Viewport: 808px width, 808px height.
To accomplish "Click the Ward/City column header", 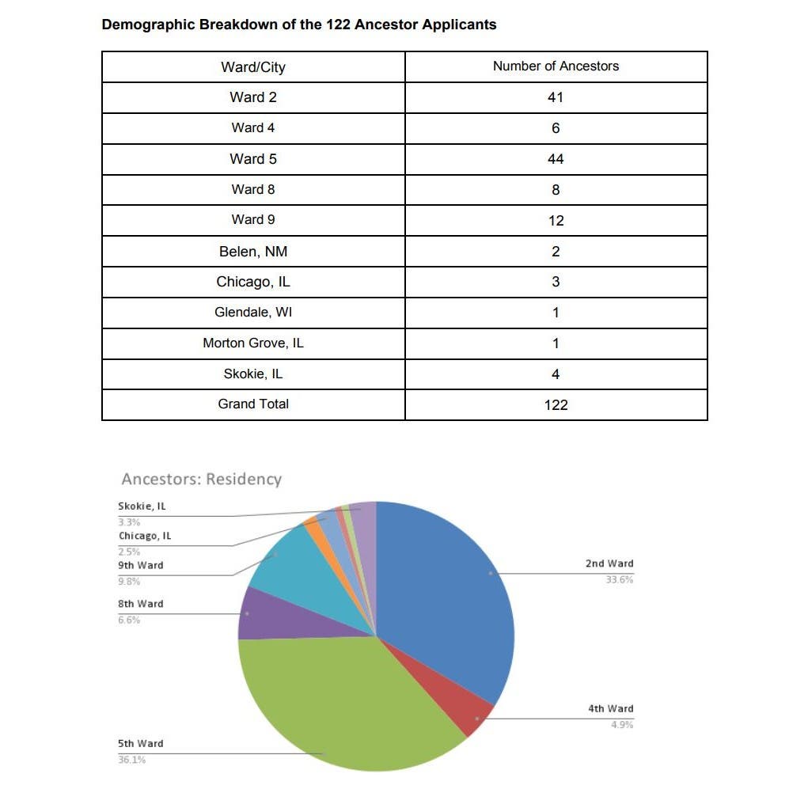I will coord(253,67).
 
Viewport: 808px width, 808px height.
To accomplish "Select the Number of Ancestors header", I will coord(556,66).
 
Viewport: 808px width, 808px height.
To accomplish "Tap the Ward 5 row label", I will coord(253,159).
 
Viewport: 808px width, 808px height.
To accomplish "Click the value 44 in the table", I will coord(556,159).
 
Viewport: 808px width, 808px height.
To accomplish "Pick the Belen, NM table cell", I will coord(253,252).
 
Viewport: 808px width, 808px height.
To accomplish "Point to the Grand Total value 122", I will coord(556,404).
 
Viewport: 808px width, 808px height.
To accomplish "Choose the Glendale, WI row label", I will coord(253,312).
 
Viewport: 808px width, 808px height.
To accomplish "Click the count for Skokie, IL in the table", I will coord(556,374).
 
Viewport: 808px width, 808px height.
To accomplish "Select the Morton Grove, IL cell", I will coord(253,343).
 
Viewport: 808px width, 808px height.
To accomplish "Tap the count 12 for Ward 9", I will coord(556,221).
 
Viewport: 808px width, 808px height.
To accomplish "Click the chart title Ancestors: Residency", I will coord(201,480).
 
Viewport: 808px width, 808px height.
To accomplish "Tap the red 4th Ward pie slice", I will coord(470,712).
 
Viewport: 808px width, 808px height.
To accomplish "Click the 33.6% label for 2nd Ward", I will coord(621,580).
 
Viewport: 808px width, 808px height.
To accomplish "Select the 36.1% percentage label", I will coord(131,760).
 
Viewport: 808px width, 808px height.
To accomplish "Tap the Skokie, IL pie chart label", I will coord(142,506).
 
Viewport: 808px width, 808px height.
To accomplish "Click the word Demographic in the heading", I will coord(148,25).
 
